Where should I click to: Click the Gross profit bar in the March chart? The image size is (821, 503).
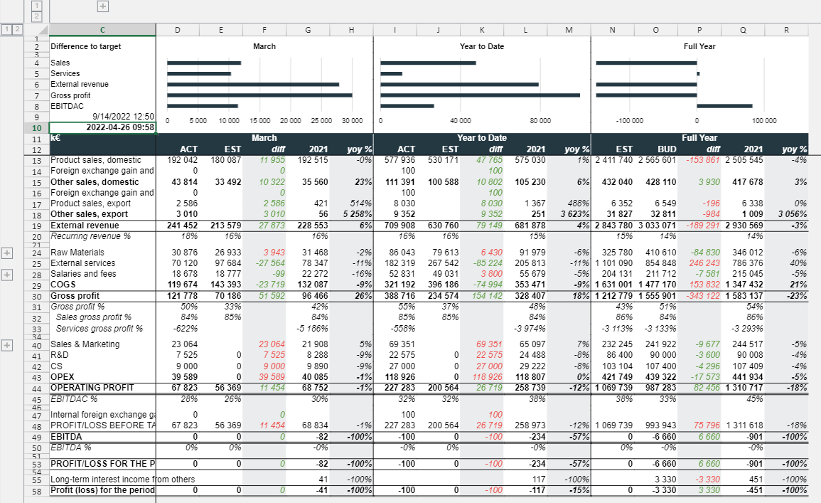coord(259,95)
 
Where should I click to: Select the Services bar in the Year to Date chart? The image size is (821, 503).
coord(391,74)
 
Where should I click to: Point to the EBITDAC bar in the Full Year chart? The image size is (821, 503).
coord(724,107)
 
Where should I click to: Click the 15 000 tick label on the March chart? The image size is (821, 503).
coord(259,120)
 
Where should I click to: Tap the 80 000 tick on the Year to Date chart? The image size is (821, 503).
coord(540,120)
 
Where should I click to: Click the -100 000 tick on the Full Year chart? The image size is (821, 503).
coord(630,120)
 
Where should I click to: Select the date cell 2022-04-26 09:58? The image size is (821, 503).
coord(102,127)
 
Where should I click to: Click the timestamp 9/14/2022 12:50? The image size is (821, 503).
coord(124,116)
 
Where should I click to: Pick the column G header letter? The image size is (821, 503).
coord(308,30)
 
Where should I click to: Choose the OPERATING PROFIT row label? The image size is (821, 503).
coord(92,388)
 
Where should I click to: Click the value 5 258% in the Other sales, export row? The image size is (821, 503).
coord(358,214)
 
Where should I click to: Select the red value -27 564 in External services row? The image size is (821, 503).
coord(270,263)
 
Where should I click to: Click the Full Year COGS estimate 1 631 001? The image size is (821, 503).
coord(613,285)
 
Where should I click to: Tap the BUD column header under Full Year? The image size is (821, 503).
coord(667,149)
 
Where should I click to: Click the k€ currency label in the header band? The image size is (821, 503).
coord(55,138)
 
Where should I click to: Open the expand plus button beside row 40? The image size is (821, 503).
coord(7,345)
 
